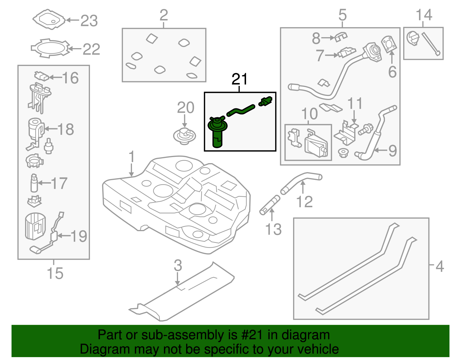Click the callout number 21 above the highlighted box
pos(239,79)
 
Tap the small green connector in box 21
pos(266,101)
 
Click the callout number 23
pos(89,21)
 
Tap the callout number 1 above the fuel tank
pos(132,157)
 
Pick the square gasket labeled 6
pos(389,44)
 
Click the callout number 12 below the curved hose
pos(304,201)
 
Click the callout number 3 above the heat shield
pos(178,265)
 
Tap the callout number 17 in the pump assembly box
pos(59,183)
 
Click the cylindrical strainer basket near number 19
pos(35,226)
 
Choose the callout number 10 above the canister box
pos(309,114)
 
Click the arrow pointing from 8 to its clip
pos(327,37)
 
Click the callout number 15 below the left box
pos(55,273)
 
